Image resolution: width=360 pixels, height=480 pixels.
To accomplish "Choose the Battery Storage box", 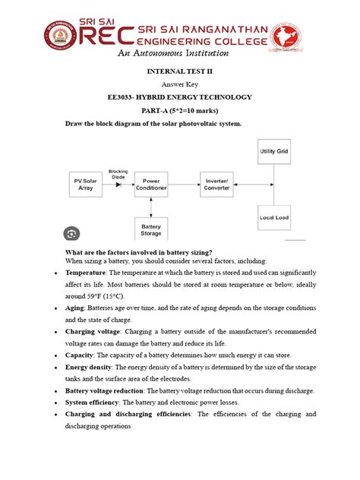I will point(151,229).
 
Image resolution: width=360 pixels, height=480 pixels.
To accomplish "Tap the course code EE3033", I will point(126,97).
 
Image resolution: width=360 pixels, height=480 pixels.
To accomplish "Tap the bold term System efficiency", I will point(96,403).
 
